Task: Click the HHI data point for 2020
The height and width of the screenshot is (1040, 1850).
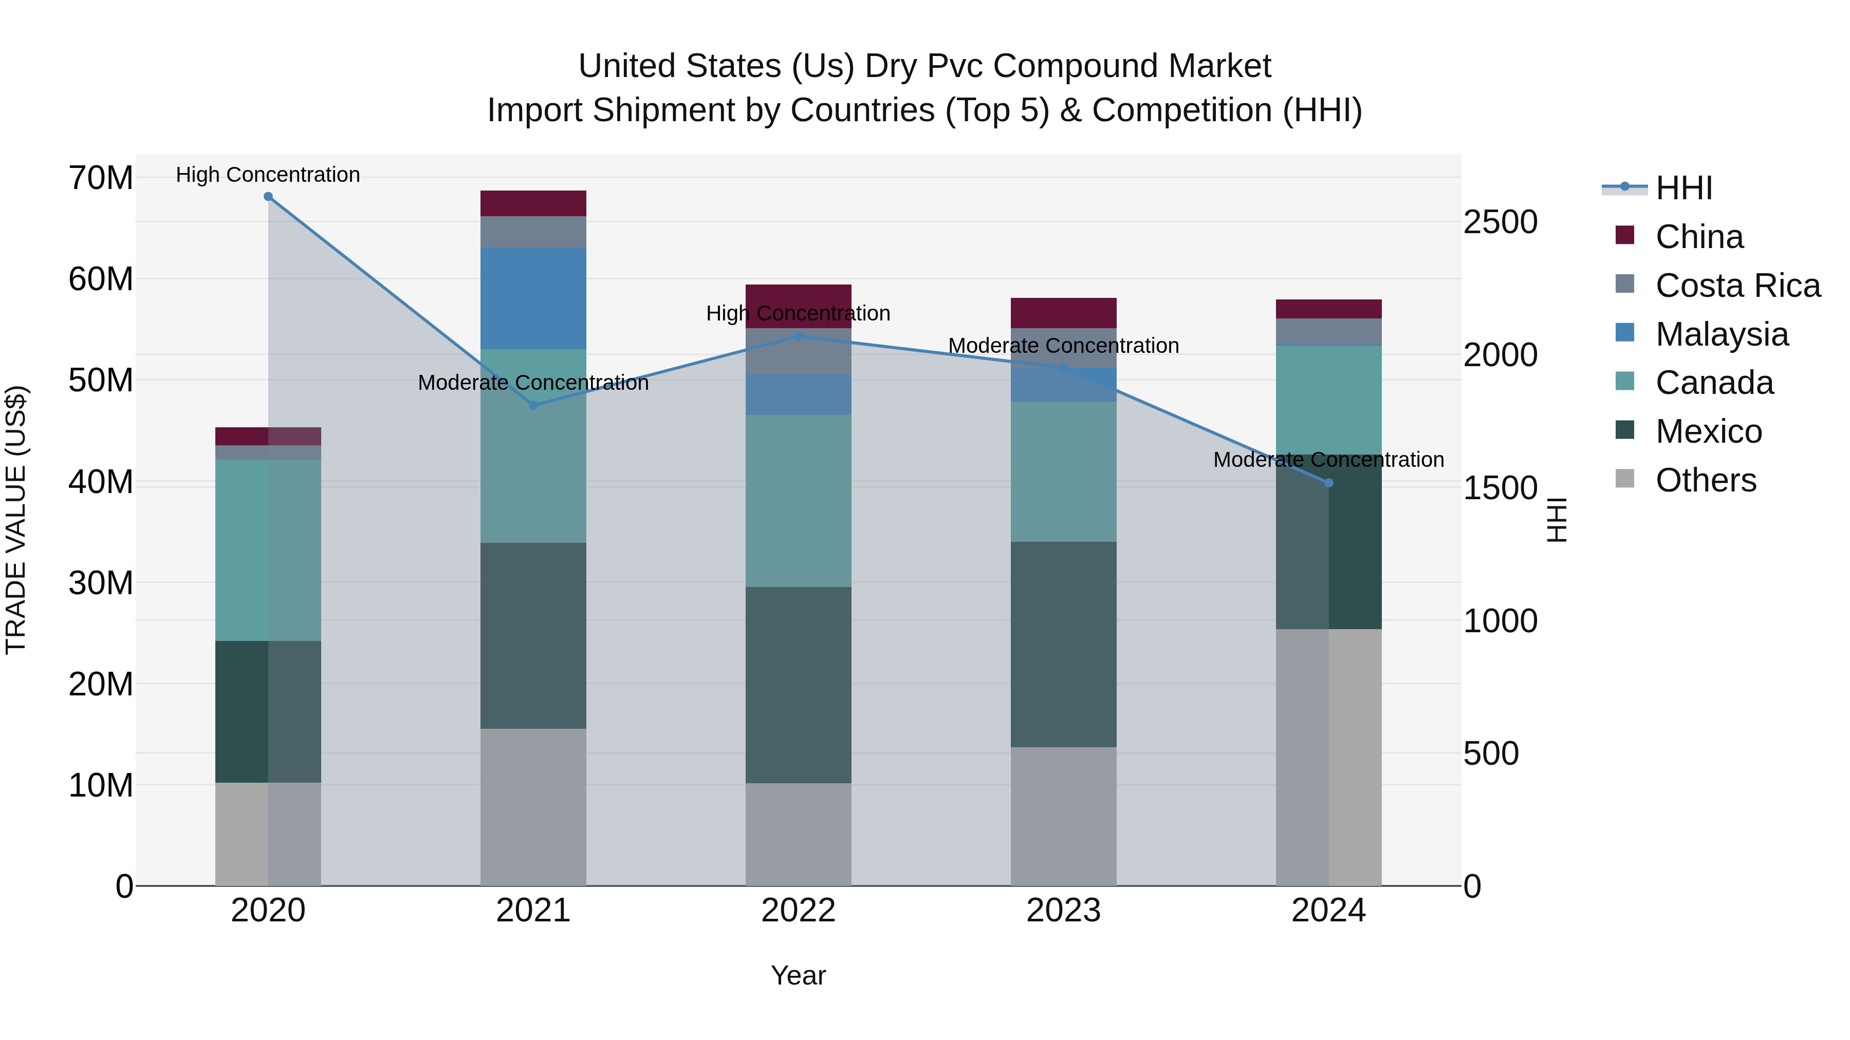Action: pyautogui.click(x=268, y=196)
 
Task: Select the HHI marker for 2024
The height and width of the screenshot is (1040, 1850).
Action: pyautogui.click(x=1328, y=483)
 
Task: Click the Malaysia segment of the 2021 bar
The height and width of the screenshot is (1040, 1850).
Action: pyautogui.click(x=533, y=298)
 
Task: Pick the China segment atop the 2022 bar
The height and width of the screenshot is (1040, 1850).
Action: pyautogui.click(x=798, y=306)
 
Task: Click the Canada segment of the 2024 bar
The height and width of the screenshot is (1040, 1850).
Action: pyautogui.click(x=1328, y=399)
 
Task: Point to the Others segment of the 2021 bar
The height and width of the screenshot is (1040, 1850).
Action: pyautogui.click(x=533, y=807)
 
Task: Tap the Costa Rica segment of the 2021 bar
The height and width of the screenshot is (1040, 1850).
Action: pyautogui.click(x=533, y=231)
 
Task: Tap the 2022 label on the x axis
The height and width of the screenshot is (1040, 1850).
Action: pyautogui.click(x=798, y=911)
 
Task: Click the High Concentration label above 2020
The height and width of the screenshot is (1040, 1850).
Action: pyautogui.click(x=268, y=175)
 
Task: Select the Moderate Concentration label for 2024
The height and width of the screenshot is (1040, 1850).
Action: pyautogui.click(x=1328, y=459)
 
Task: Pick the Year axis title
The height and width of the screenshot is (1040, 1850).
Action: pyautogui.click(x=798, y=975)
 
